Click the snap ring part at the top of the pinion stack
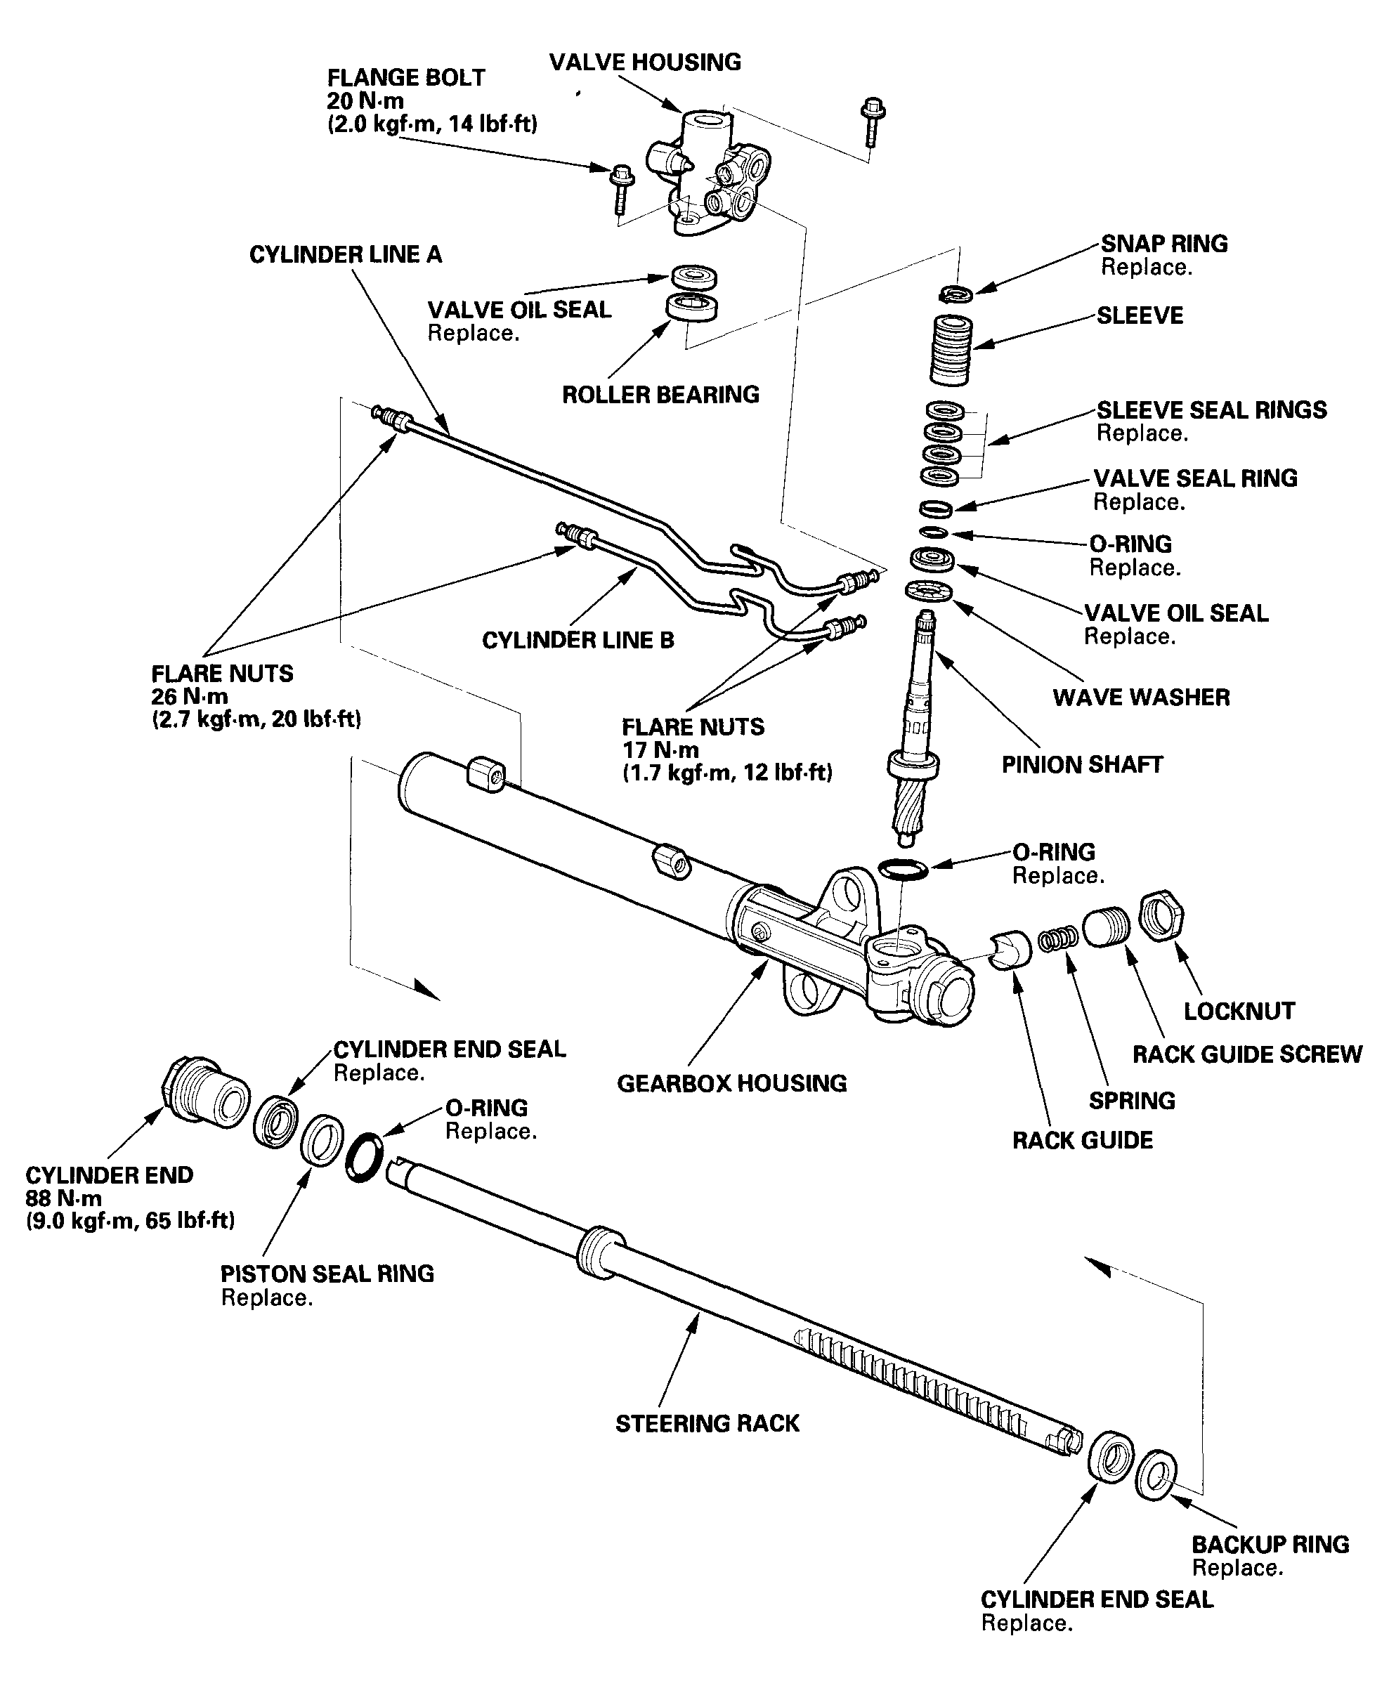point(956,294)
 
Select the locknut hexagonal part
point(1161,916)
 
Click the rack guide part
point(1010,950)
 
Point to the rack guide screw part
point(1107,927)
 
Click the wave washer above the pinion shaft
point(929,592)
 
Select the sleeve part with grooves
point(952,350)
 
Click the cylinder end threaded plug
point(206,1092)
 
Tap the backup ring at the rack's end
point(1155,1474)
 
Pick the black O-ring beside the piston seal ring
point(364,1157)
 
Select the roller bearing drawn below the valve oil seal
point(692,308)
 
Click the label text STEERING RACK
point(707,1423)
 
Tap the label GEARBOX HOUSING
point(731,1083)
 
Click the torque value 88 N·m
point(64,1198)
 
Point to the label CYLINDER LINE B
point(578,640)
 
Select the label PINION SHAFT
point(1082,765)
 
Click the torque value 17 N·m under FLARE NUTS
point(660,750)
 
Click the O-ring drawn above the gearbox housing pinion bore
point(904,869)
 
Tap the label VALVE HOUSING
point(645,63)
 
